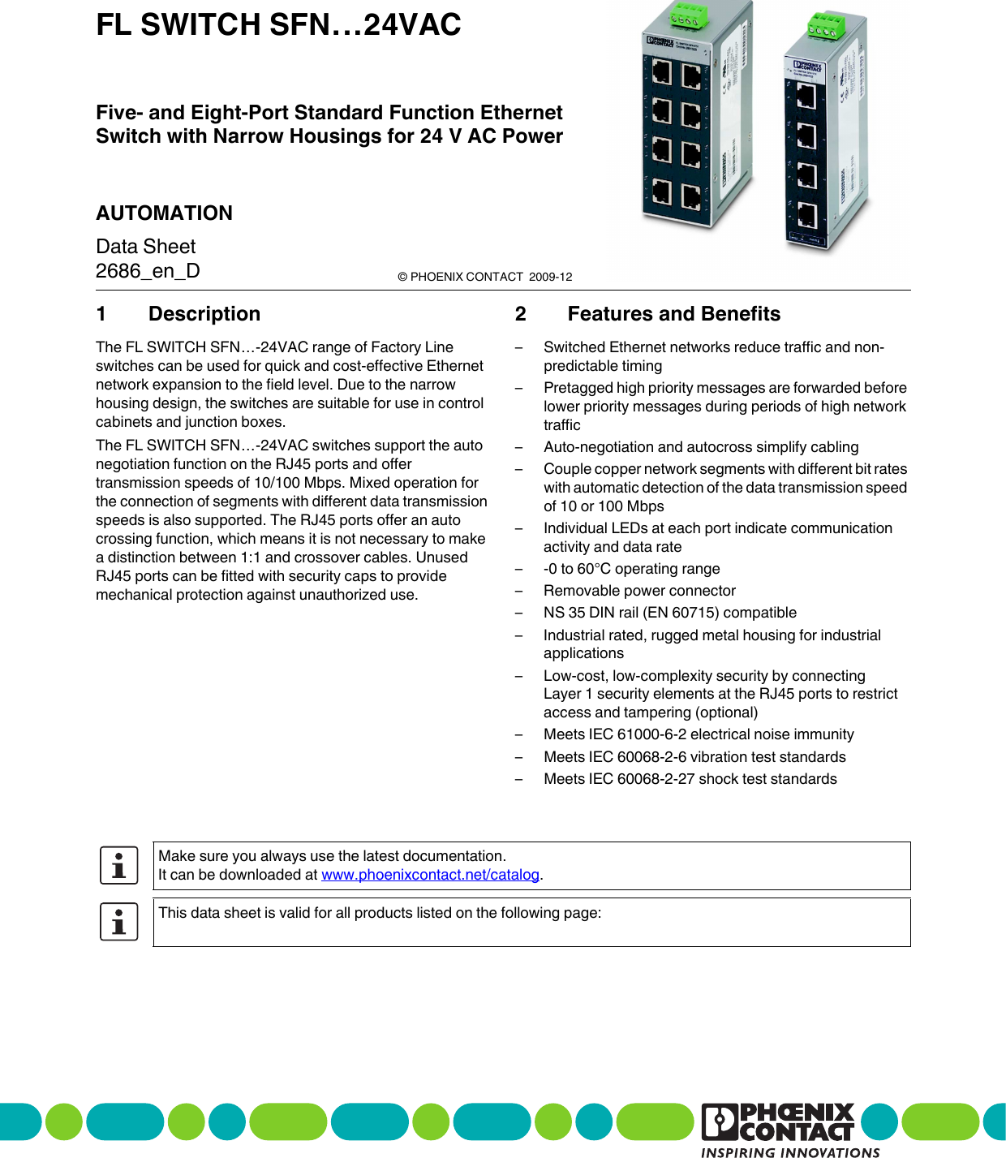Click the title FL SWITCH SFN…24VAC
coord(278,25)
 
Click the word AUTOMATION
coord(164,213)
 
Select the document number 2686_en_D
coord(148,271)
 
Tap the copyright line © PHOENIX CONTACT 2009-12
coord(484,277)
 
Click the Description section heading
coord(204,314)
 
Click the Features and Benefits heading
coord(673,314)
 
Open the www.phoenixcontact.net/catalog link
coord(430,875)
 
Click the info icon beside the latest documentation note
coord(119,865)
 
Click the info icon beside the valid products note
coord(119,922)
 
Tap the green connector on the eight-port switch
coord(686,15)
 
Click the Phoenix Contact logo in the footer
coord(777,1122)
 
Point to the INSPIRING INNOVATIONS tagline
coord(789,1152)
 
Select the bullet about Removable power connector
coord(639,591)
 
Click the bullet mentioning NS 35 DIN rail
coord(669,613)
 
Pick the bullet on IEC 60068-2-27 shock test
coord(690,779)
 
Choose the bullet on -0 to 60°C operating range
coord(631,569)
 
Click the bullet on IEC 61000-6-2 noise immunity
coord(699,734)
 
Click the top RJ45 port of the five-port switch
coord(806,97)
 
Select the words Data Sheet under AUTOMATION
coord(146,247)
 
